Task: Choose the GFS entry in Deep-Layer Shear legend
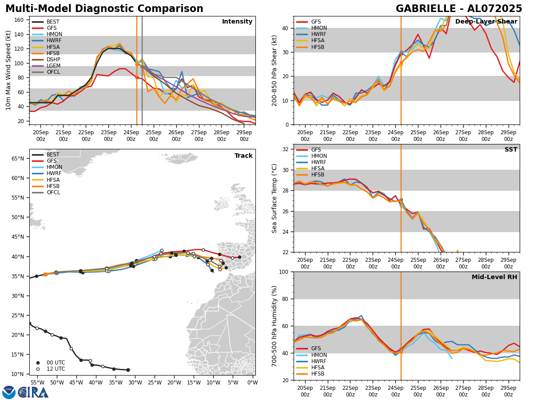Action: pos(316,22)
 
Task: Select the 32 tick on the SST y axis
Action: pos(286,149)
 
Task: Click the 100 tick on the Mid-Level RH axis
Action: pos(284,272)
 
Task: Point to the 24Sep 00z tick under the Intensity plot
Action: pos(131,135)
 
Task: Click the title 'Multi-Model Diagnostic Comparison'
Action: pos(104,9)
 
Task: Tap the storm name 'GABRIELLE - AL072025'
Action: pos(459,9)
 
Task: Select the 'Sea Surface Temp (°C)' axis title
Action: pos(274,198)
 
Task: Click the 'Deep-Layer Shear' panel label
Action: pos(486,22)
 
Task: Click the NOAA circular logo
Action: pos(9,392)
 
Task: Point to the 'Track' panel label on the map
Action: pos(243,156)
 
